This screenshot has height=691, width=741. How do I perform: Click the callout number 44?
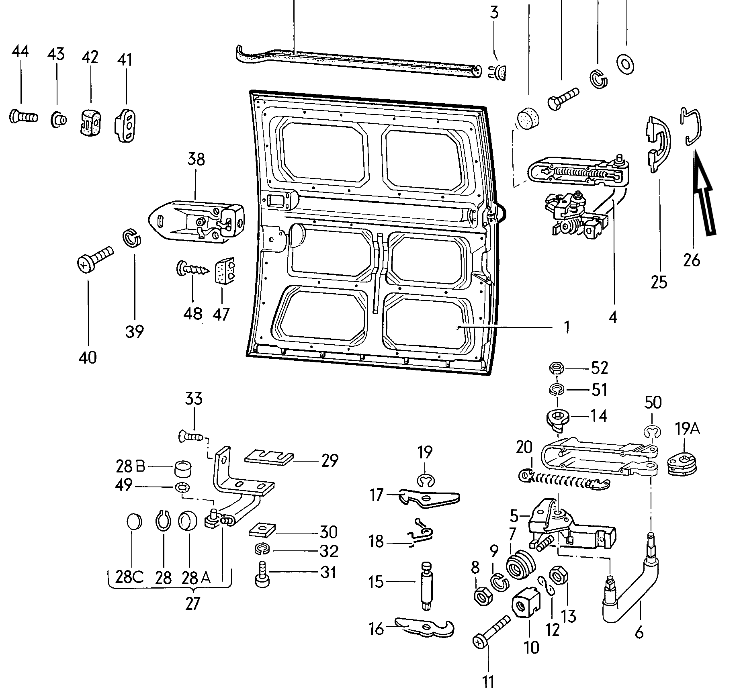click(x=20, y=52)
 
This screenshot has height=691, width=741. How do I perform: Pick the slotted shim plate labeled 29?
click(x=268, y=457)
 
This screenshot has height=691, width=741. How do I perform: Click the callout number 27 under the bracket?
click(x=192, y=604)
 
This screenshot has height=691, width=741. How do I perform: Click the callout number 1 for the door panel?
click(x=566, y=327)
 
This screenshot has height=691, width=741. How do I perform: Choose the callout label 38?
click(x=196, y=159)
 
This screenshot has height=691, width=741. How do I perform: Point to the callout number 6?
click(x=639, y=633)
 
